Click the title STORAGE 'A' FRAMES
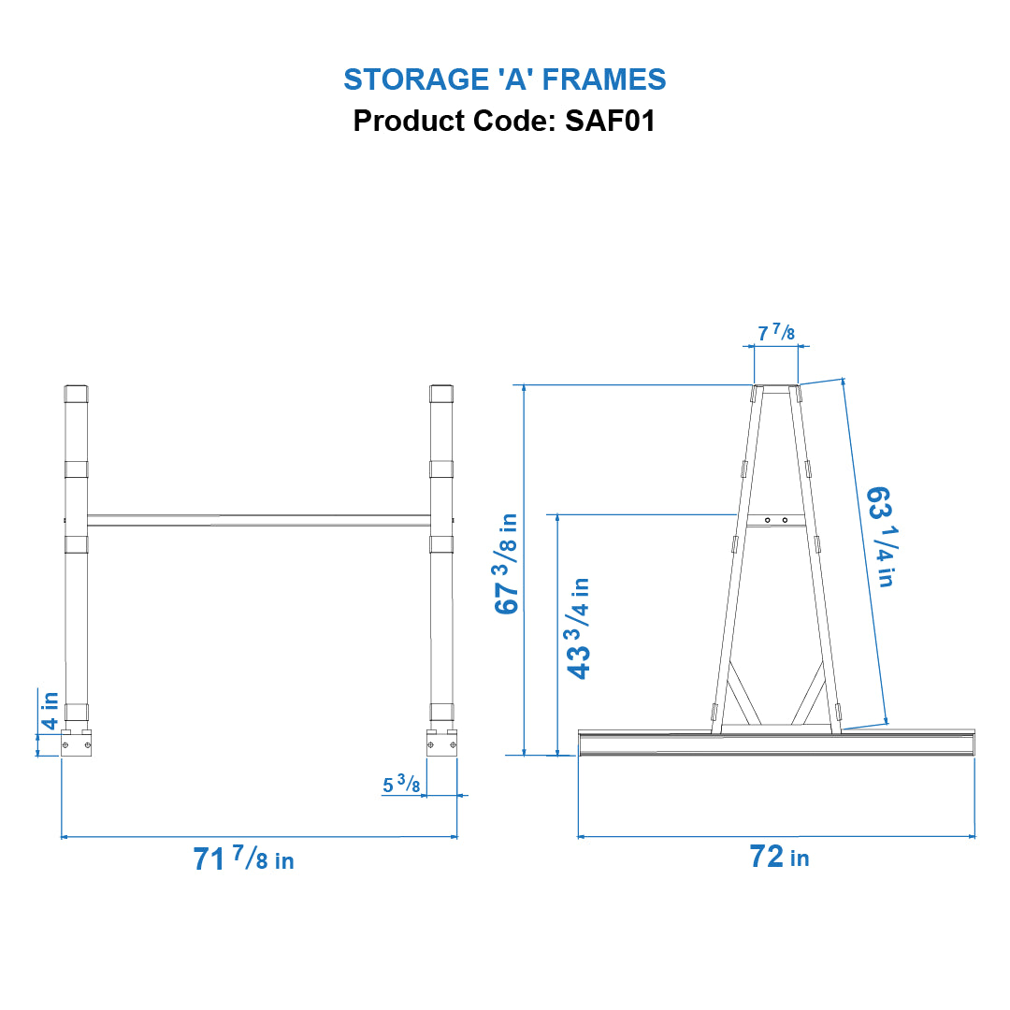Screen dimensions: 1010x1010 click(x=504, y=79)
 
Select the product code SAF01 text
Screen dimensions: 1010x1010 click(x=504, y=122)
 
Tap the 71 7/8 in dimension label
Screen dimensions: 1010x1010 click(x=243, y=858)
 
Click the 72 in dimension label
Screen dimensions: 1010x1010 click(x=778, y=856)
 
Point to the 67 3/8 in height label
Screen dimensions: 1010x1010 click(x=507, y=563)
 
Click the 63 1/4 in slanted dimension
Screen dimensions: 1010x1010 click(x=878, y=536)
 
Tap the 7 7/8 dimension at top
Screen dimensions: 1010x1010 click(x=776, y=333)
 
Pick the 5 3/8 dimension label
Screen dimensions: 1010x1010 click(x=401, y=786)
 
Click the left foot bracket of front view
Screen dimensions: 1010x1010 click(x=76, y=743)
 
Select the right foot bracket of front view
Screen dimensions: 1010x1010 click(x=441, y=743)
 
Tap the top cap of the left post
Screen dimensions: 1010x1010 click(x=76, y=393)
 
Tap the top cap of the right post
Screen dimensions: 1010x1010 click(x=440, y=393)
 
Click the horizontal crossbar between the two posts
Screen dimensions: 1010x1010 click(x=258, y=519)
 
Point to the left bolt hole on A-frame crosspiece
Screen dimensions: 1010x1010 click(x=767, y=520)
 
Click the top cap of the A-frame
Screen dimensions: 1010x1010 click(x=776, y=387)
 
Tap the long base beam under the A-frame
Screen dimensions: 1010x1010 click(x=776, y=744)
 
